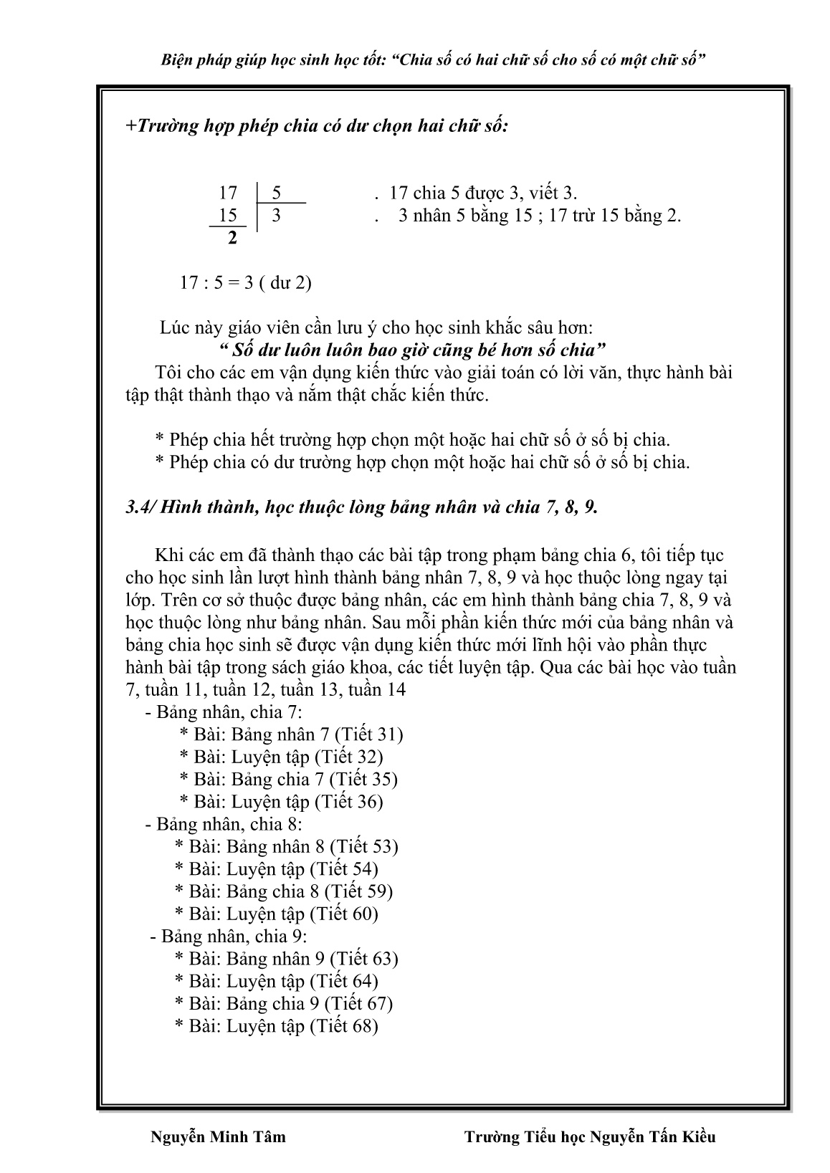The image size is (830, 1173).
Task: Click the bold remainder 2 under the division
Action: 232,239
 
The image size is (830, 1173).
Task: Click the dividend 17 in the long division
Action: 227,193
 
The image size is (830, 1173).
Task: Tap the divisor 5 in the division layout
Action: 277,193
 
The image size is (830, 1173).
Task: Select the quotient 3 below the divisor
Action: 276,215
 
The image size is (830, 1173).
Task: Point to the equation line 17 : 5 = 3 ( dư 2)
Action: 245,282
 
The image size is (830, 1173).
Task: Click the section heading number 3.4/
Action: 140,507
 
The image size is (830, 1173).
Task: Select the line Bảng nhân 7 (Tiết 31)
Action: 291,734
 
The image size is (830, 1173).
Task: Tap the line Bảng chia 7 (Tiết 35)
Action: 288,779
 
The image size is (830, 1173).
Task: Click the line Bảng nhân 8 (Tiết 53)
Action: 286,846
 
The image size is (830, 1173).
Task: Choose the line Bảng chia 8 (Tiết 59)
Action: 284,891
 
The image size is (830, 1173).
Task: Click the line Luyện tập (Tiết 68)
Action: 276,1026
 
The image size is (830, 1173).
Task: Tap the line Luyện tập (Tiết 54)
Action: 276,869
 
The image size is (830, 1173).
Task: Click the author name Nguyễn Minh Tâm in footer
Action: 219,1137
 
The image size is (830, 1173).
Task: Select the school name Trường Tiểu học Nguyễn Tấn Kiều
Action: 590,1137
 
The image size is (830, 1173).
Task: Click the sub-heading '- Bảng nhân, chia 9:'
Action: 229,936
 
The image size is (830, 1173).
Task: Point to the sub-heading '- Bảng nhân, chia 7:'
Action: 224,712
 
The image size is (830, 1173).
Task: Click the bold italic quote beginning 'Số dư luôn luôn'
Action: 411,350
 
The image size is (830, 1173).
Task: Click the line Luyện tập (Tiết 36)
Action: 281,802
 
